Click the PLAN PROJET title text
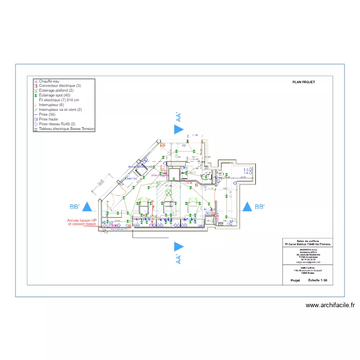click(x=303, y=82)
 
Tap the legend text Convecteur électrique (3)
click(x=60, y=86)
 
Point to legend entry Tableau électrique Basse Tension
click(x=67, y=129)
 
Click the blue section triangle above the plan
click(x=179, y=129)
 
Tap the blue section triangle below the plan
click(x=179, y=246)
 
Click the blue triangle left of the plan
click(x=87, y=207)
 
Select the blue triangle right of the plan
click(x=247, y=207)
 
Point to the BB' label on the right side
click(x=260, y=207)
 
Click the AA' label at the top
click(x=178, y=117)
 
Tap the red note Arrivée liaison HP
click(x=82, y=220)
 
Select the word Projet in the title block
click(x=295, y=280)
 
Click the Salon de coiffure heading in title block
click(x=308, y=240)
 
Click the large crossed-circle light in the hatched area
click(x=168, y=193)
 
